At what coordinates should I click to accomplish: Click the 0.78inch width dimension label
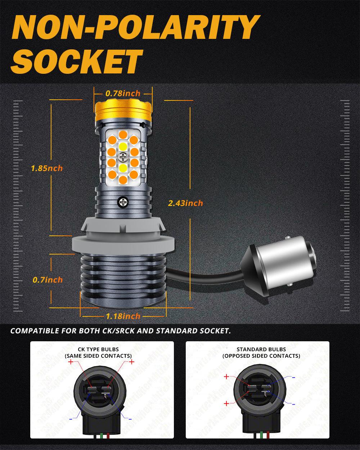click(x=123, y=94)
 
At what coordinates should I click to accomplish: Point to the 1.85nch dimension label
click(x=47, y=168)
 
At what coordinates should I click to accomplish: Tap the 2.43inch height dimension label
click(x=185, y=203)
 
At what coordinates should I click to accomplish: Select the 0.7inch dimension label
click(x=47, y=280)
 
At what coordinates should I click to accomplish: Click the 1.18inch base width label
click(x=123, y=316)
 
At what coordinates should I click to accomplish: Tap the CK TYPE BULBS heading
click(x=98, y=349)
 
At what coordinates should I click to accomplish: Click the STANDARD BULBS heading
click(x=261, y=349)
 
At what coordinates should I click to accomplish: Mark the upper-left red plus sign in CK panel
click(x=71, y=363)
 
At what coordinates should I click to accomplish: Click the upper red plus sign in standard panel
click(x=226, y=377)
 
